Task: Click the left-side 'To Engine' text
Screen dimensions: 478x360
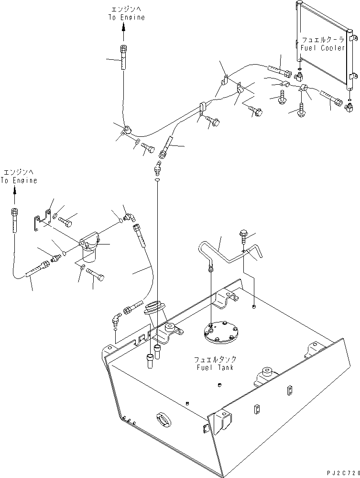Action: pyautogui.click(x=18, y=181)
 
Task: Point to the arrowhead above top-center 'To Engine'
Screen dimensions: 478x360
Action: pyautogui.click(x=123, y=27)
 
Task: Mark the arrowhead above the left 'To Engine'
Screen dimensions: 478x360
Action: pyautogui.click(x=14, y=190)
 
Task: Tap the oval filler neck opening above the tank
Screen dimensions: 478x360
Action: pyautogui.click(x=154, y=305)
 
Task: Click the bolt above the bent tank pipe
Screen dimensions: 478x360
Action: pyautogui.click(x=243, y=235)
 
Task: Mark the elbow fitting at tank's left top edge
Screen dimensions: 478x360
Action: pyautogui.click(x=117, y=319)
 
